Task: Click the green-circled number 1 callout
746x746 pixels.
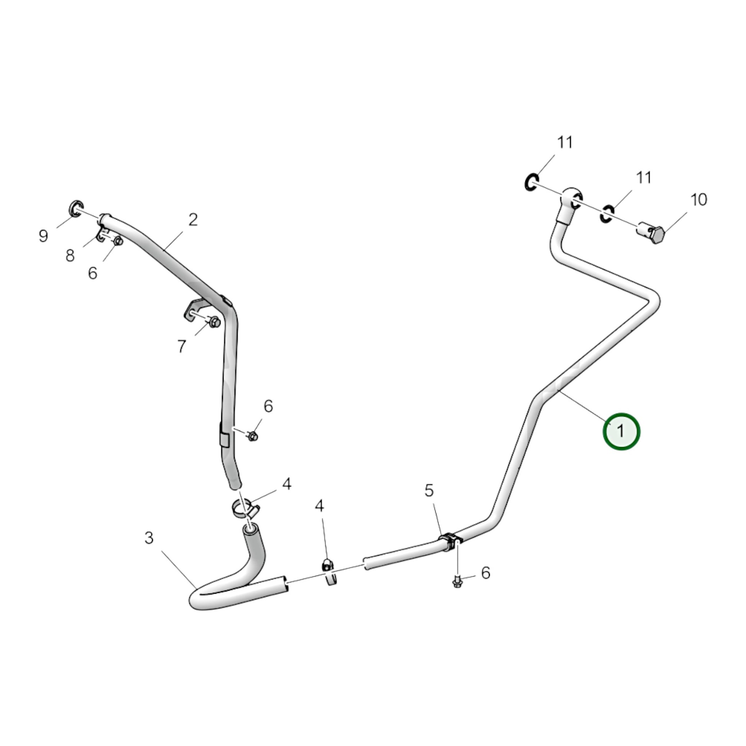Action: [621, 431]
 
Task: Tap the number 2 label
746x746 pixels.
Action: [193, 220]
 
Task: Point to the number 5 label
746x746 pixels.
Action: [429, 490]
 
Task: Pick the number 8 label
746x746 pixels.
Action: [70, 256]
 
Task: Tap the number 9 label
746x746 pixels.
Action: [43, 236]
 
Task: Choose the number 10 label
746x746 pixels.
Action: [699, 200]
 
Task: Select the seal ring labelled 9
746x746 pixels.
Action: [76, 209]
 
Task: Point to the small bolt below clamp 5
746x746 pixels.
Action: [457, 581]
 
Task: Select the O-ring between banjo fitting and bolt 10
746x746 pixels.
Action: [606, 214]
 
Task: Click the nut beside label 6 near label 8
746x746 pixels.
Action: [118, 241]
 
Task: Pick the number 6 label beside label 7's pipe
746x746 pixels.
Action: [268, 406]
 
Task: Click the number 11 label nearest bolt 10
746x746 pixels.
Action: [644, 177]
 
